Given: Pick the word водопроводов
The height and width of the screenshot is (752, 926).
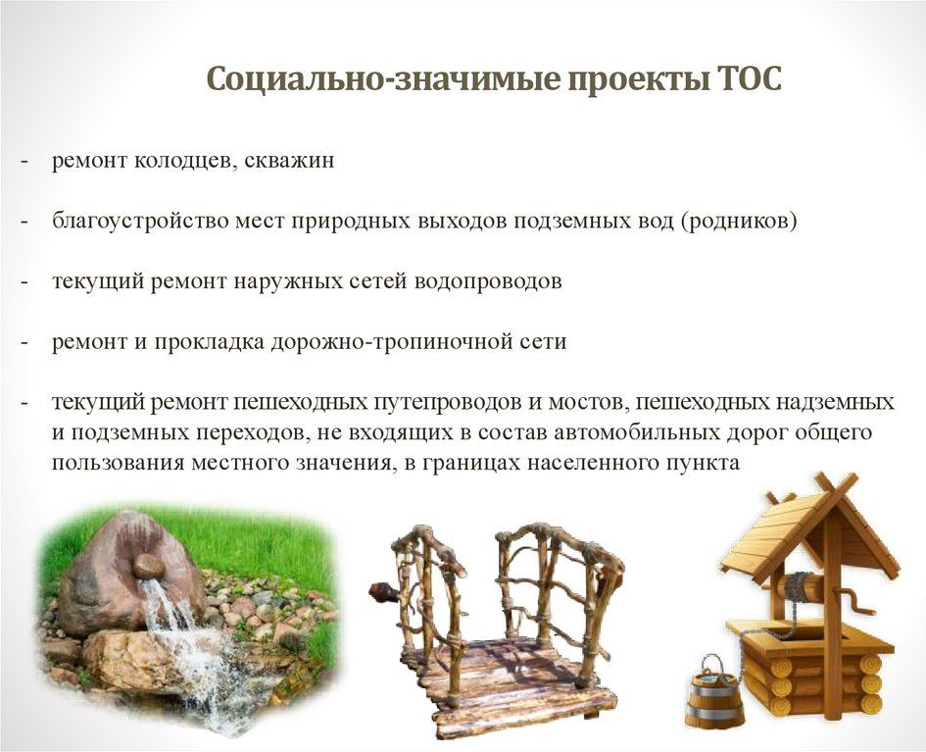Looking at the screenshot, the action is (x=488, y=281).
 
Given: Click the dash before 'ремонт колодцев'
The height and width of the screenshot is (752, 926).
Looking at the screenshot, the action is (x=24, y=161).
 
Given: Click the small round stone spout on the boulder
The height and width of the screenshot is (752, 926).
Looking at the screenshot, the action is (x=148, y=568).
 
